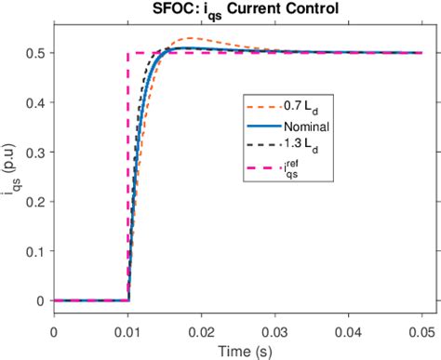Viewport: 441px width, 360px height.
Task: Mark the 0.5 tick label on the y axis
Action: click(x=38, y=53)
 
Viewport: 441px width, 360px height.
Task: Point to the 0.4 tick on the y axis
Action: click(x=38, y=102)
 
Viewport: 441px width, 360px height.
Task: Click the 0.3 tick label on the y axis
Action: click(x=38, y=152)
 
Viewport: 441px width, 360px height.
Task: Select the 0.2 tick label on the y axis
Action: click(x=38, y=202)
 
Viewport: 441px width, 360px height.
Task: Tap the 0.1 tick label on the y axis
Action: click(x=38, y=251)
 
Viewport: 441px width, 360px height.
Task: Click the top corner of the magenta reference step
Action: click(x=127, y=53)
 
